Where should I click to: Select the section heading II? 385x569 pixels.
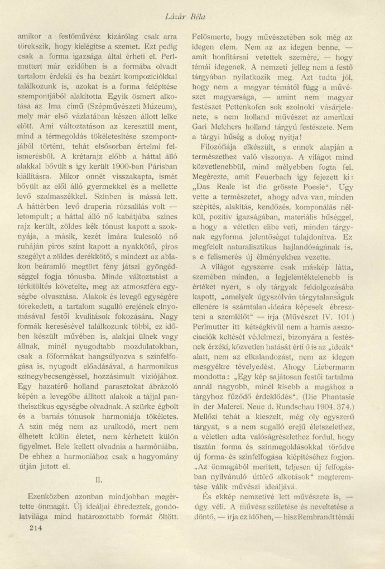[x=98, y=479]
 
